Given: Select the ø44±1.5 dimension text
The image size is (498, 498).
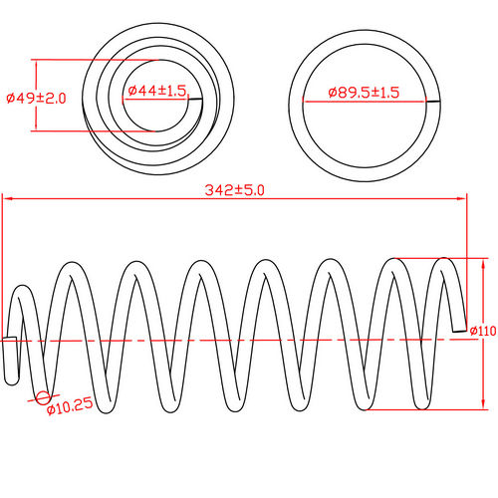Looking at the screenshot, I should [x=156, y=91].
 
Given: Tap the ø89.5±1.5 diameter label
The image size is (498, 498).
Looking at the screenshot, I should [x=365, y=92].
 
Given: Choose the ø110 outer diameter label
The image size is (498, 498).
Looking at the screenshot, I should [x=483, y=331].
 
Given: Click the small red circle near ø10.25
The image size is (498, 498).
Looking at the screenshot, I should [x=43, y=399].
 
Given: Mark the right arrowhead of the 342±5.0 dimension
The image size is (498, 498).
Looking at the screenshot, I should [x=463, y=198].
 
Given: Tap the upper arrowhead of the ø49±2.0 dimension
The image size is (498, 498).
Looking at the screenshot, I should [x=37, y=63].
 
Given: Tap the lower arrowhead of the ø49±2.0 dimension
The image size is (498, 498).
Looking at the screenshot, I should [x=37, y=128].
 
